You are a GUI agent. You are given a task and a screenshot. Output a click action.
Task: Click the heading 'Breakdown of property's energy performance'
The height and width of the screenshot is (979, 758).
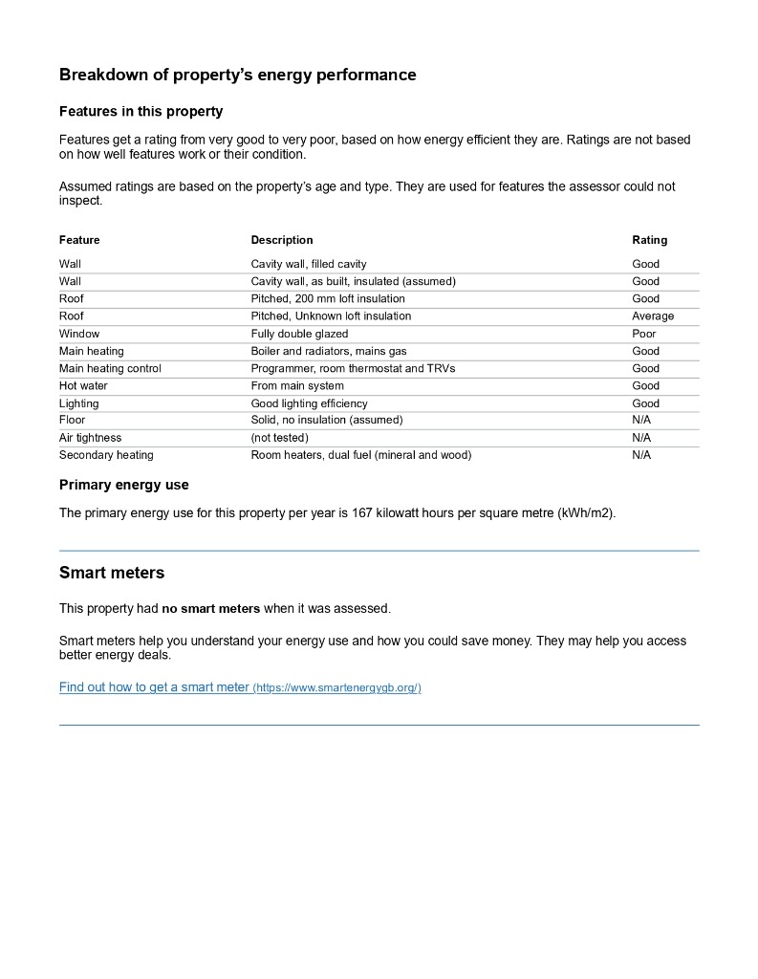[237, 75]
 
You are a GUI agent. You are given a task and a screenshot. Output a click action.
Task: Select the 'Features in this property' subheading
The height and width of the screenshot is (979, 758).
[141, 111]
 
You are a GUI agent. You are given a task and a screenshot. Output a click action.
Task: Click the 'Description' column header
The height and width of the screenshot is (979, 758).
[282, 240]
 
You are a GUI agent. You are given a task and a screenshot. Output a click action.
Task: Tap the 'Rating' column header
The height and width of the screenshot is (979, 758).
[649, 240]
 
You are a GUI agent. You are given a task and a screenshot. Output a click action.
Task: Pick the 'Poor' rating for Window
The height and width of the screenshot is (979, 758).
[644, 334]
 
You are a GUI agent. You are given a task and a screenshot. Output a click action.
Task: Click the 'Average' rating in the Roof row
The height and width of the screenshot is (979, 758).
[653, 316]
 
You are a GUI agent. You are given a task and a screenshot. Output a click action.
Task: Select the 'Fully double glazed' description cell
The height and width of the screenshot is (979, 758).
[299, 334]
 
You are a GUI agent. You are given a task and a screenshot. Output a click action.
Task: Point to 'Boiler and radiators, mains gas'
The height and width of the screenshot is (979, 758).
[329, 351]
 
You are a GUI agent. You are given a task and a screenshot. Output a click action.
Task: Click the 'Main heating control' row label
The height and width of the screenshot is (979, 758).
[110, 368]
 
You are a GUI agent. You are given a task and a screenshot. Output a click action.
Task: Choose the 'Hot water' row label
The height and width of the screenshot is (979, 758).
[83, 386]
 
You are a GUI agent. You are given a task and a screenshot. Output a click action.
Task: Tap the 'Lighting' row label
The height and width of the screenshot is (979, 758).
[78, 403]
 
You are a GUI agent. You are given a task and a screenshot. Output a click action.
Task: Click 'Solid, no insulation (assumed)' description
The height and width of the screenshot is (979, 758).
[327, 420]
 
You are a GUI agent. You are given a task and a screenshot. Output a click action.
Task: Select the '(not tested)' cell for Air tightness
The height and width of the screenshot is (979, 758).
[279, 438]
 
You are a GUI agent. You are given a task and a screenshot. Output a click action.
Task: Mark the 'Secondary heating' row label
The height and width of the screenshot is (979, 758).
[106, 455]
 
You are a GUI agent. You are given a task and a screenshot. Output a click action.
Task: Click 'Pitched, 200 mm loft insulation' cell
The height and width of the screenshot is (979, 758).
[328, 299]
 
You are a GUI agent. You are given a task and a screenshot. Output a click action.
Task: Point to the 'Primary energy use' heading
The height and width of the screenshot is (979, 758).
[124, 485]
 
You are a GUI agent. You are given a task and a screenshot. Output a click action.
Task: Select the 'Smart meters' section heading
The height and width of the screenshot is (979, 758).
[112, 573]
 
